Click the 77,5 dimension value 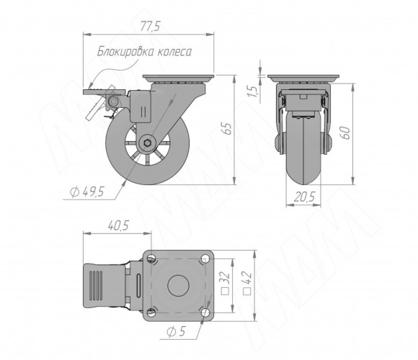(x=150, y=27)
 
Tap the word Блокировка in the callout (x=125, y=51)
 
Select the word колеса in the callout (x=174, y=52)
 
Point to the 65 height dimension (x=228, y=129)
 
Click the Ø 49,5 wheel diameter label (x=87, y=192)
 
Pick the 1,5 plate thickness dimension (x=254, y=91)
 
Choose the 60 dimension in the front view (x=345, y=132)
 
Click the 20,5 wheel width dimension (x=304, y=197)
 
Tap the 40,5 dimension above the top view (x=118, y=225)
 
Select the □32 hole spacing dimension (x=226, y=282)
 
